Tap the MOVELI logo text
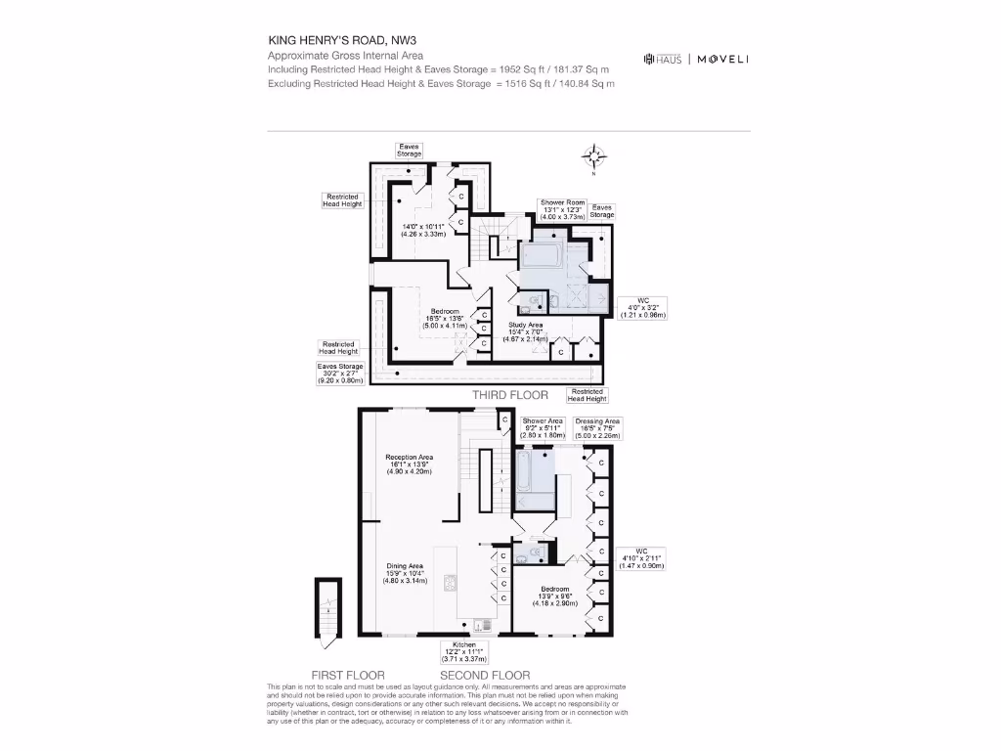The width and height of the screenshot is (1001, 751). (722, 60)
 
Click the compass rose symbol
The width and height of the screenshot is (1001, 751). (593, 156)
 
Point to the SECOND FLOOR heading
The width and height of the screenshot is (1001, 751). (485, 676)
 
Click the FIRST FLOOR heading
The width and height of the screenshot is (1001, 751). (347, 676)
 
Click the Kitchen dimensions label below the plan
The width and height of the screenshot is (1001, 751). (464, 652)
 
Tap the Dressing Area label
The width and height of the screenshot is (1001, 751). (597, 428)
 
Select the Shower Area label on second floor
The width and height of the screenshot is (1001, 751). (542, 428)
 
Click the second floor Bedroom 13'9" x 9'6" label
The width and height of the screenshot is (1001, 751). (553, 596)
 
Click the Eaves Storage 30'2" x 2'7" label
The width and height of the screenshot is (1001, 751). (339, 374)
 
